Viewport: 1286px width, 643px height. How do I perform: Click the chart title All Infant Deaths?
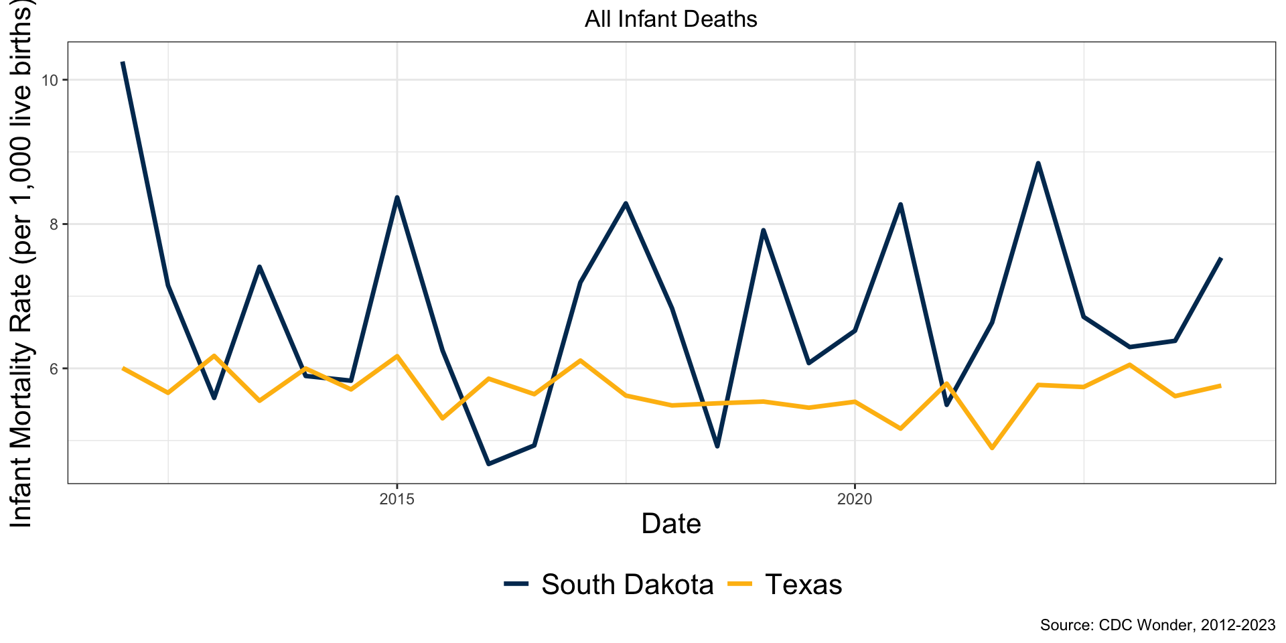pos(670,19)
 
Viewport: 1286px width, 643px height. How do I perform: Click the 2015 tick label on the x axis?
pos(397,499)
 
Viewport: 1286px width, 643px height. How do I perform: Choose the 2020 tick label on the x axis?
pos(855,499)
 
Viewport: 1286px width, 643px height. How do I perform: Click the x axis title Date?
pos(670,524)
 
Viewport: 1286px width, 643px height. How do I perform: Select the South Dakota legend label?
pos(627,585)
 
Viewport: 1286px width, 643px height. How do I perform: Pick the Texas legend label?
pos(803,585)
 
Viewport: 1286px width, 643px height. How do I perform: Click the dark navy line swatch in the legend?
pos(517,584)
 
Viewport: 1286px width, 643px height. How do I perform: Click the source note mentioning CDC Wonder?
pos(1157,625)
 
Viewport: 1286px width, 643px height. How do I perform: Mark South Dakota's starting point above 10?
pos(123,62)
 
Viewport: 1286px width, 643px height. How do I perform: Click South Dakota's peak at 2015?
pos(397,198)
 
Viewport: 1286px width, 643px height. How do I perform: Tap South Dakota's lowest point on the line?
pos(488,463)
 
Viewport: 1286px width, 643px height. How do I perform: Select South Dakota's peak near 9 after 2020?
pos(1038,163)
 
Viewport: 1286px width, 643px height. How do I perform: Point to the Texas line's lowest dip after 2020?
pos(992,448)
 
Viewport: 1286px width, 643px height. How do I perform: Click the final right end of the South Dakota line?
pos(1221,259)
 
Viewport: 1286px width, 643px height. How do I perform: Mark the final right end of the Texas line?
pos(1221,386)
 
